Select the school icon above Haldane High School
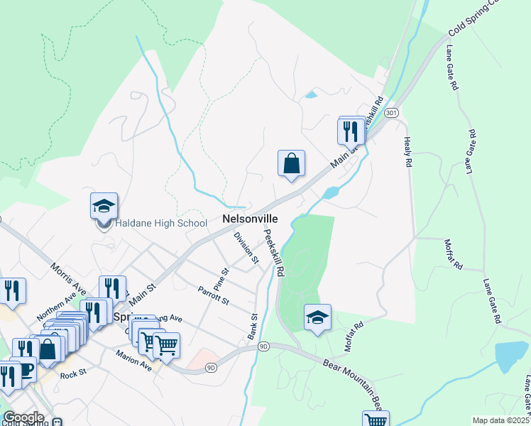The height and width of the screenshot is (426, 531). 104,206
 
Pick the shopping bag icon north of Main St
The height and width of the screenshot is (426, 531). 291,163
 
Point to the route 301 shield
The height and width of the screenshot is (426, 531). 391,113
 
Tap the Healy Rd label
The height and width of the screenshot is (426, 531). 408,152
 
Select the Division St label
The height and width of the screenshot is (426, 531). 246,248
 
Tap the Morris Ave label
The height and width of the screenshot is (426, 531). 67,280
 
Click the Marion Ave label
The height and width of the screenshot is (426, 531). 134,361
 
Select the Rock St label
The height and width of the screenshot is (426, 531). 73,374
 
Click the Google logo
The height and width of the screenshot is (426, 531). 23,417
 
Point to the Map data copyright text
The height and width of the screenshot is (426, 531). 500,420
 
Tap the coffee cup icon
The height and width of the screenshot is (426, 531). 24,371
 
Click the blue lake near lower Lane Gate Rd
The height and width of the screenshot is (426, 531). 511,356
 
